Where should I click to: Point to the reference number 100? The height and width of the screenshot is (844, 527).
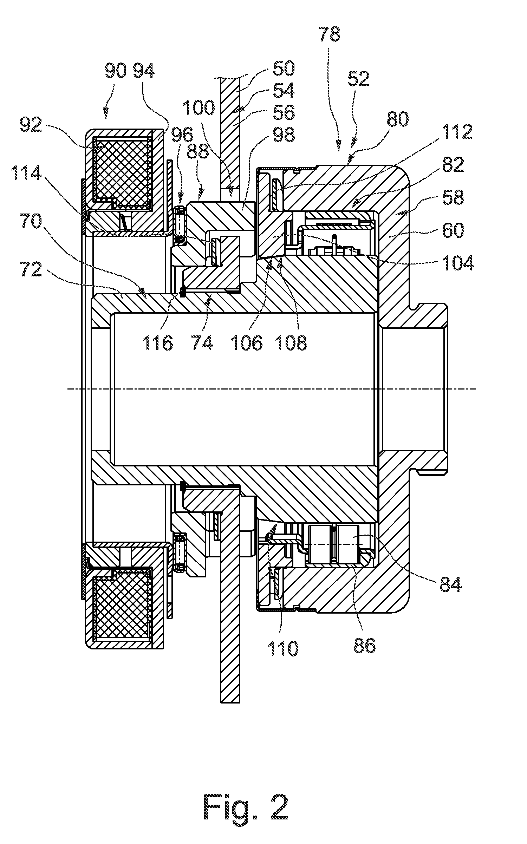point(199,108)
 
